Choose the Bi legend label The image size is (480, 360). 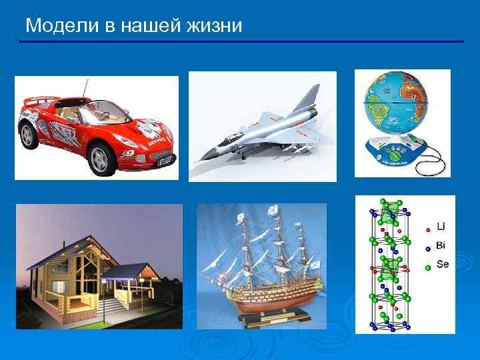click(x=441, y=245)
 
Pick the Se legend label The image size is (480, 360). click(x=443, y=265)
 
